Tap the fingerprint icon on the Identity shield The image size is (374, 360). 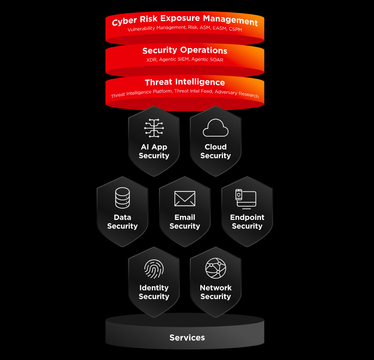[x=154, y=269]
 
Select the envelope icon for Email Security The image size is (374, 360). [x=185, y=198]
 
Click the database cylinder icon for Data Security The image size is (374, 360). [x=122, y=198]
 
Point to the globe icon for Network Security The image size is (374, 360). [x=216, y=268]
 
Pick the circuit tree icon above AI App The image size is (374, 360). [x=154, y=128]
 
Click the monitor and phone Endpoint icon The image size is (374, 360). [x=246, y=199]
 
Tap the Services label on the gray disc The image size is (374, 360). [x=187, y=338]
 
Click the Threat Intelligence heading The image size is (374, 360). [x=185, y=83]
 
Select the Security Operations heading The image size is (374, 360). [x=185, y=50]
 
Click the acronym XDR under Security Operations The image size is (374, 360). [x=151, y=60]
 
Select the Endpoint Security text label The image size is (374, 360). [x=247, y=221]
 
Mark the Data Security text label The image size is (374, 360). [x=122, y=221]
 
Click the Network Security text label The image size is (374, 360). [x=216, y=292]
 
